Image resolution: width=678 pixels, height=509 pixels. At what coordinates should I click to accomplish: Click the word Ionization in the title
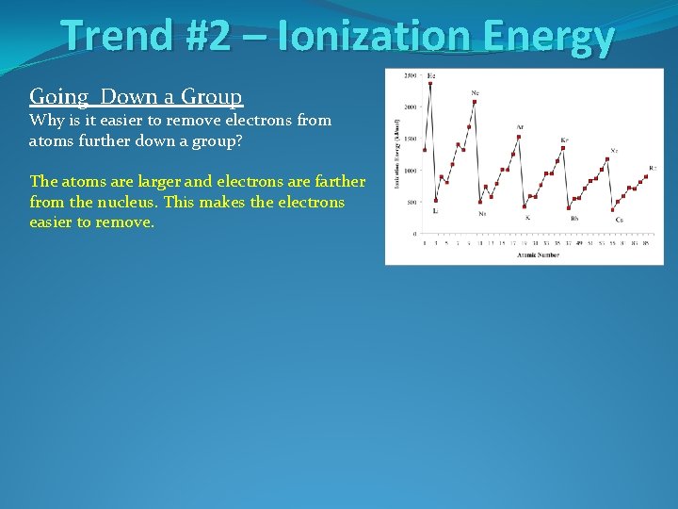[x=378, y=37]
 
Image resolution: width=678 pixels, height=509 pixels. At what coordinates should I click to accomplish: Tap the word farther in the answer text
[x=335, y=181]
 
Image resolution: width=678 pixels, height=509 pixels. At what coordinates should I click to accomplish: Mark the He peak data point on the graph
[x=430, y=83]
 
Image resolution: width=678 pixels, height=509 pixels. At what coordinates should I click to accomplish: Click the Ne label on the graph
[x=476, y=92]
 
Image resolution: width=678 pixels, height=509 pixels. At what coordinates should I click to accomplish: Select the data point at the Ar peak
[x=518, y=137]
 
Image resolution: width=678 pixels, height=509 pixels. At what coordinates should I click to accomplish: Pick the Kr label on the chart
[x=564, y=140]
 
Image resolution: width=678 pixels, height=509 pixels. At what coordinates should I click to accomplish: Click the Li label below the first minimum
[x=435, y=211]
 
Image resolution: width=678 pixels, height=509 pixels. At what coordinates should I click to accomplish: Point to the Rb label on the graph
[x=574, y=219]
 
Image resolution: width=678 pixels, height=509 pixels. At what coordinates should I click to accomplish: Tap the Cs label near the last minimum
[x=619, y=220]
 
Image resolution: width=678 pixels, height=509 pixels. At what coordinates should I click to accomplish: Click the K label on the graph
[x=527, y=218]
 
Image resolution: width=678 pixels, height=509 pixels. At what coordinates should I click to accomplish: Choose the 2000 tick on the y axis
[x=411, y=107]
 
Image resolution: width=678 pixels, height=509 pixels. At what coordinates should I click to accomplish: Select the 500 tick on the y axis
[x=412, y=202]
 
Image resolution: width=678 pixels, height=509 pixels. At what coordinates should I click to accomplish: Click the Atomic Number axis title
[x=537, y=254]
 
